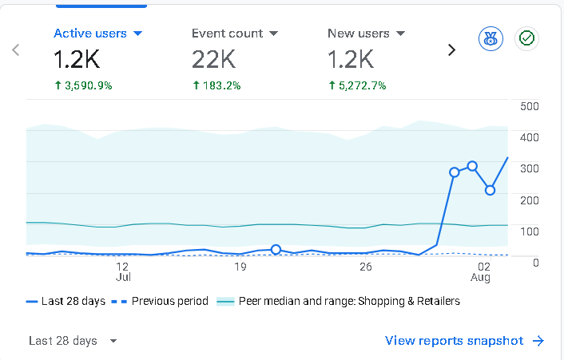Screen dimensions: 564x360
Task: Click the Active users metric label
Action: pos(90,34)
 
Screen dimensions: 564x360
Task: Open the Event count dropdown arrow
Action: pos(274,34)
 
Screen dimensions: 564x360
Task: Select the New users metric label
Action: pos(358,34)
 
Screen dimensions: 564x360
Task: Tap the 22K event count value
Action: pos(213,59)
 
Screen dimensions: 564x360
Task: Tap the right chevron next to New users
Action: pos(452,50)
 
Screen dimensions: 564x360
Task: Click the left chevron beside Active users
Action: pos(15,50)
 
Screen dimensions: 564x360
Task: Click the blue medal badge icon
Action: pos(491,38)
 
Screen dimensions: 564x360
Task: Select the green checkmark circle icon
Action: pos(526,38)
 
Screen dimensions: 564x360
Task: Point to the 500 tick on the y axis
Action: pos(530,106)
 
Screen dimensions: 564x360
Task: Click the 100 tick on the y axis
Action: pos(530,231)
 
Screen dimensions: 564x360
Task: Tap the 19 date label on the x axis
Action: pos(240,267)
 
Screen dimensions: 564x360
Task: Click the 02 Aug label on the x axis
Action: pos(481,271)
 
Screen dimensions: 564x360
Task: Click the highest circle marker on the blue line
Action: pos(472,166)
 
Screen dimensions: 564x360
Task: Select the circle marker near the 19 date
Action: pos(276,249)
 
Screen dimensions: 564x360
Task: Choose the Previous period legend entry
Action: pos(160,301)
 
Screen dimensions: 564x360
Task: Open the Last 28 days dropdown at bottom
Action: pos(73,341)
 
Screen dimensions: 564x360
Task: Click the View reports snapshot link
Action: pos(464,341)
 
